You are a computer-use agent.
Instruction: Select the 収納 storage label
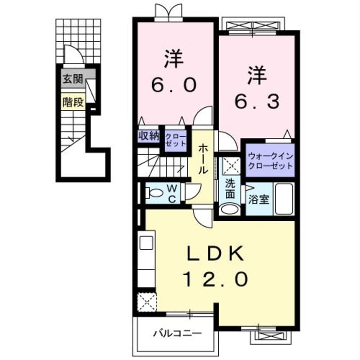point(148,137)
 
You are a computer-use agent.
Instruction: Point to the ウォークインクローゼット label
point(270,161)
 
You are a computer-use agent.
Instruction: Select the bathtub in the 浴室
point(283,199)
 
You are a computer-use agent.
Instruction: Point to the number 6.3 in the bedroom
point(257,101)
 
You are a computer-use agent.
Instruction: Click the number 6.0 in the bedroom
point(174,85)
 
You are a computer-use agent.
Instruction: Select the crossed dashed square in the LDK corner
point(147,303)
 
